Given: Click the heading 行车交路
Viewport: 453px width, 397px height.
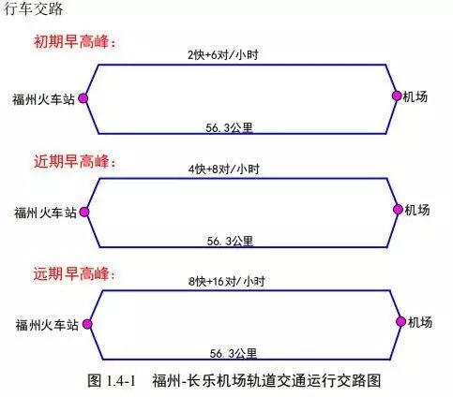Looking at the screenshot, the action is [x=33, y=8].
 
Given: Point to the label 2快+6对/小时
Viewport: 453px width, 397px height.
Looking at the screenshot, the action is [x=223, y=55].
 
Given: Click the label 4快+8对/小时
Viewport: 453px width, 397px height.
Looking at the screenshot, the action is [x=224, y=169].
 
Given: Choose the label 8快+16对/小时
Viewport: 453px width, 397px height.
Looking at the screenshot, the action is [x=227, y=281].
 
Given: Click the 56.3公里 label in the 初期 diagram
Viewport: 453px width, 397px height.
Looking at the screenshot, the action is [x=229, y=127].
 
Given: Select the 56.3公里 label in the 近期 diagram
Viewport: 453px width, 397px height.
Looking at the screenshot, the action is [x=230, y=241].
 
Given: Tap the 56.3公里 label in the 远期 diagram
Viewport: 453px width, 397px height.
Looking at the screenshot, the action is [x=234, y=353].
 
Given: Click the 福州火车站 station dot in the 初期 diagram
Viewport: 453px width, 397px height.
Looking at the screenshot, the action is [x=83, y=98].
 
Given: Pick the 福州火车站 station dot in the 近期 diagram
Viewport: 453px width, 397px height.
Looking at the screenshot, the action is [x=84, y=213].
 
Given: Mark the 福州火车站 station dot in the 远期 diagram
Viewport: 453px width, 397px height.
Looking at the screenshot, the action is [x=87, y=324].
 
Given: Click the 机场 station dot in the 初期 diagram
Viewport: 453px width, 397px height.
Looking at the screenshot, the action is [x=397, y=96].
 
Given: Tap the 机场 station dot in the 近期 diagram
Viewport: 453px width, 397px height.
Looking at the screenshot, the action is [x=398, y=210].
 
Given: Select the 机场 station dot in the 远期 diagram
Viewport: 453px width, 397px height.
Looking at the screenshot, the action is [x=401, y=321].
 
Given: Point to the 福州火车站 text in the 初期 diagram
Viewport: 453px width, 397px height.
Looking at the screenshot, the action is [x=44, y=99].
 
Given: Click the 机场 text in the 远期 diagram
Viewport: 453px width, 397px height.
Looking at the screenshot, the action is [x=420, y=322].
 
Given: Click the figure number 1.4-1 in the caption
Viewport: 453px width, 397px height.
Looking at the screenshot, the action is [x=121, y=381].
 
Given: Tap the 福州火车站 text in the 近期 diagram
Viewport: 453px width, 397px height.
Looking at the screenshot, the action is [x=45, y=213].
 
